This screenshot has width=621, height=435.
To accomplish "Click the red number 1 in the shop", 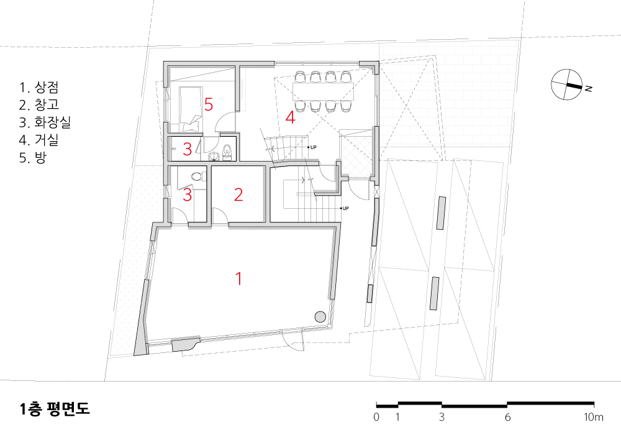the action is (238, 278).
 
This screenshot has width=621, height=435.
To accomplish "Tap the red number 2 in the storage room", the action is (238, 195).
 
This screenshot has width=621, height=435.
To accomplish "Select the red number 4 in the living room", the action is (290, 117).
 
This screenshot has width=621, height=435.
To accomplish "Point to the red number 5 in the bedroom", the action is (208, 104).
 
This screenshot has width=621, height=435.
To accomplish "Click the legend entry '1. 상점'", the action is (39, 87).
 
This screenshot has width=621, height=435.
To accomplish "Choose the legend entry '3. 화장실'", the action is (45, 122).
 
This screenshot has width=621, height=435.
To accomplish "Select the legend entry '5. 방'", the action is (33, 157).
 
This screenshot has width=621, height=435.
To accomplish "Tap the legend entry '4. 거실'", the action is (39, 139).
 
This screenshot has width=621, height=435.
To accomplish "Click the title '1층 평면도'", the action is (55, 409).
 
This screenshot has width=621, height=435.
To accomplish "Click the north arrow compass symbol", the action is (566, 85).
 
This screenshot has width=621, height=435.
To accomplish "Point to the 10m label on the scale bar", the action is (594, 417).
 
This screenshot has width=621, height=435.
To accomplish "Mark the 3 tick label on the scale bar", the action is (442, 417).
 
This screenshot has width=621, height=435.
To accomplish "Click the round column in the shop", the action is (320, 316).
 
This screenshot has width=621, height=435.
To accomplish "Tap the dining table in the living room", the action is (323, 91).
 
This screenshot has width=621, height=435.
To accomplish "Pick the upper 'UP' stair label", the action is (313, 147).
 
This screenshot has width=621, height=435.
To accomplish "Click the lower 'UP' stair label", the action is (345, 208).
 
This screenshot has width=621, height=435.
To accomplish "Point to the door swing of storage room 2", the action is (220, 215).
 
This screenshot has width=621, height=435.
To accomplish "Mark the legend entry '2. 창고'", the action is (39, 104).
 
